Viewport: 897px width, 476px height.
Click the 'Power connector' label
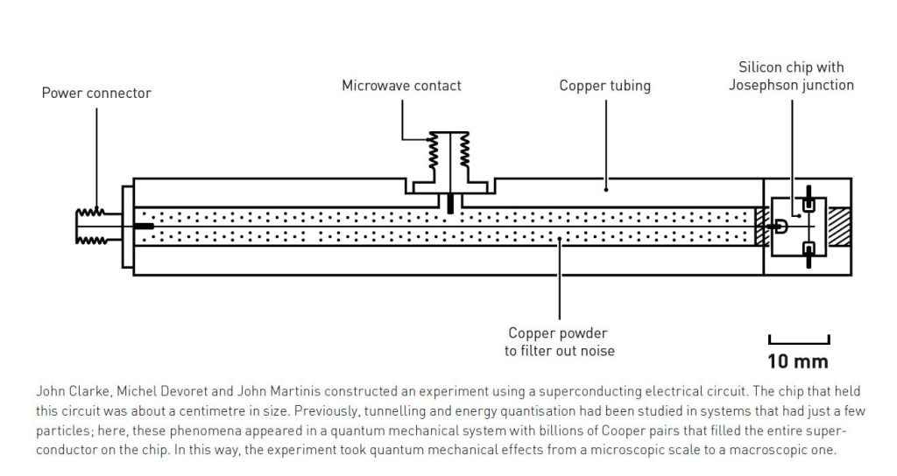point(96,93)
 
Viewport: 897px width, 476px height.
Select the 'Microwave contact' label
point(401,86)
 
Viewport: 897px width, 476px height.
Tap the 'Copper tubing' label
point(605,86)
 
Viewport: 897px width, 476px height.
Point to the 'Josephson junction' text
point(791,85)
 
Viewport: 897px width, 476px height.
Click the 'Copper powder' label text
point(558,333)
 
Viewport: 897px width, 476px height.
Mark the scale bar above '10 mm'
point(798,340)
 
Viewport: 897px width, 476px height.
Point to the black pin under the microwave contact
point(449,204)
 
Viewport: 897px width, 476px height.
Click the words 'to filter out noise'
point(558,351)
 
